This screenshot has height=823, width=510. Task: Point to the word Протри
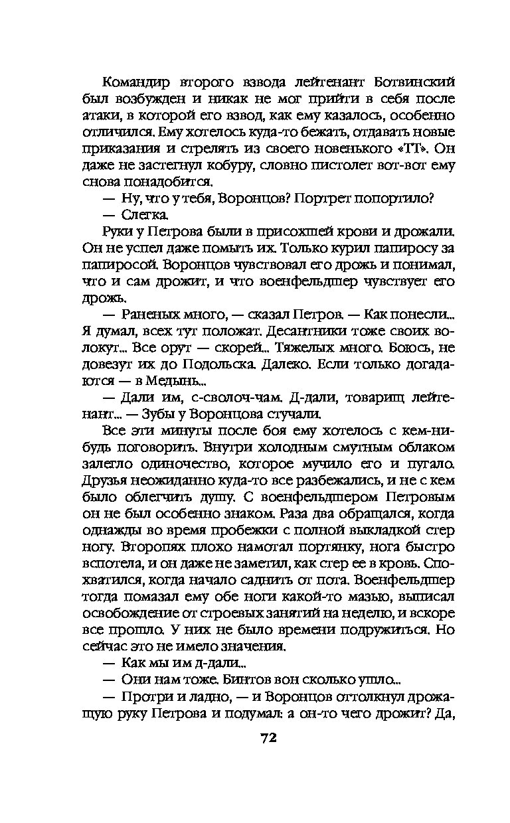point(148,694)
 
